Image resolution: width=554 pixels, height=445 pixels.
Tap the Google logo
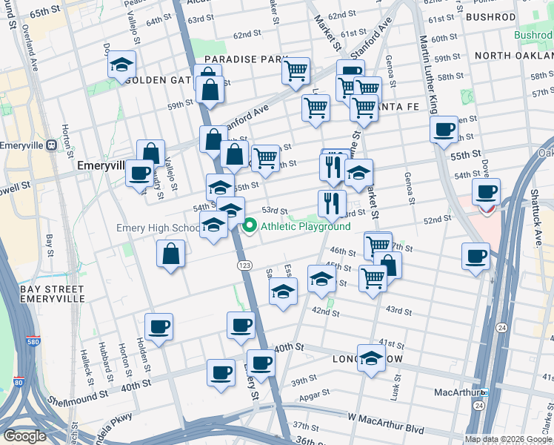24,436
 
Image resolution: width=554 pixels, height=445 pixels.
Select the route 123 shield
242,265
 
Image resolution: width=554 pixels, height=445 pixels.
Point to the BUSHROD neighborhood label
492,16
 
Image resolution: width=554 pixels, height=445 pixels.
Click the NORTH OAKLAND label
514,56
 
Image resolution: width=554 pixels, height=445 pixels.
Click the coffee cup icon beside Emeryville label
139,174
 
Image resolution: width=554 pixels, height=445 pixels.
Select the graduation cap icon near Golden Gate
121,65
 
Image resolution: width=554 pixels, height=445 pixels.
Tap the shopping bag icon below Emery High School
171,254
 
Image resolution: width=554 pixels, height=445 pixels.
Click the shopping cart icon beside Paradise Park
296,70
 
